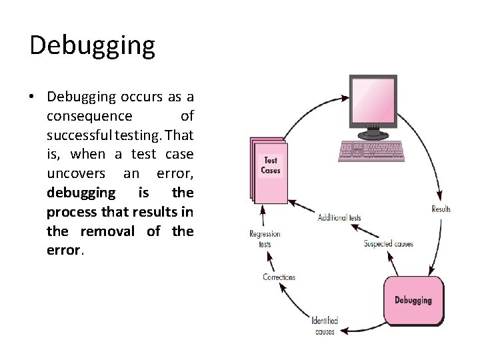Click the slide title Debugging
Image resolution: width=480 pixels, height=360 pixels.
92,45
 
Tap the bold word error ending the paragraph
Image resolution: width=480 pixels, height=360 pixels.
63,251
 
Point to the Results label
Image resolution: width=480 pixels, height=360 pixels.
441,209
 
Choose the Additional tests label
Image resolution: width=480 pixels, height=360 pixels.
339,217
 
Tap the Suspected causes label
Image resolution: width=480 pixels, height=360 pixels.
388,244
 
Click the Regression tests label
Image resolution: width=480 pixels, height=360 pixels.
265,239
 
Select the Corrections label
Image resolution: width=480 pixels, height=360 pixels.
279,277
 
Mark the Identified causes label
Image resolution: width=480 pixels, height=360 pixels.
325,325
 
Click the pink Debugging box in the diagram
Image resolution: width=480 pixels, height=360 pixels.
413,301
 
